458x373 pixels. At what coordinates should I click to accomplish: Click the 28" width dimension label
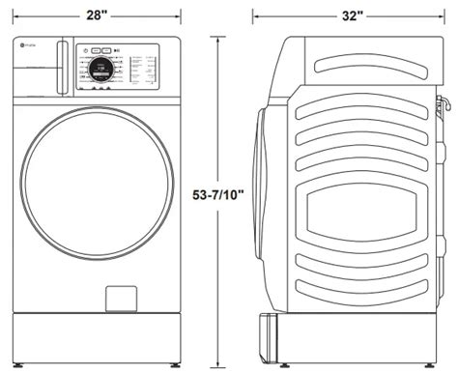[97, 16]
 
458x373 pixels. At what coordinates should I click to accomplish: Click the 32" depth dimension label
[352, 16]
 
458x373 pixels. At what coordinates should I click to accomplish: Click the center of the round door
[95, 205]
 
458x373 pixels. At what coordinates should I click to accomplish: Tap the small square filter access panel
[119, 297]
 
